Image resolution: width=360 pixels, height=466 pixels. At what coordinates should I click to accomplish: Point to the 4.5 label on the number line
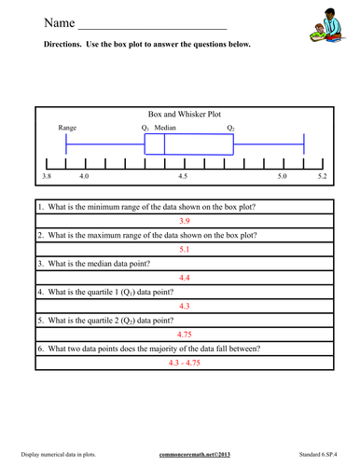pyautogui.click(x=183, y=175)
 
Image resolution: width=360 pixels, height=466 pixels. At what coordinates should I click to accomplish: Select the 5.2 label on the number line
pyautogui.click(x=321, y=175)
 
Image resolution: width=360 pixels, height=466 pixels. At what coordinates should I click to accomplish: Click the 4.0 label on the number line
pyautogui.click(x=85, y=175)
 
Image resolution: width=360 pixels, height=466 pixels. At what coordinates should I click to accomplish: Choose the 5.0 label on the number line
pyautogui.click(x=284, y=175)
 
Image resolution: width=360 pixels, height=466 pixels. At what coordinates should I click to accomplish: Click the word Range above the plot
pyautogui.click(x=67, y=127)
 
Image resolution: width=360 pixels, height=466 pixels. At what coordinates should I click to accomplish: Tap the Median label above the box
pyautogui.click(x=165, y=127)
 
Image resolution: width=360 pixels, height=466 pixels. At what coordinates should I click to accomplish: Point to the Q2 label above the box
pyautogui.click(x=230, y=127)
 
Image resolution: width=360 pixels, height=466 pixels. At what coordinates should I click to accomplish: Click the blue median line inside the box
pyautogui.click(x=164, y=144)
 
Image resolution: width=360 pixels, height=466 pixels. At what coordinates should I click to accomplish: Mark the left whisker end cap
pyautogui.click(x=66, y=144)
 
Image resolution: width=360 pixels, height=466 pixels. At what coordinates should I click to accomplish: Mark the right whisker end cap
pyautogui.click(x=304, y=144)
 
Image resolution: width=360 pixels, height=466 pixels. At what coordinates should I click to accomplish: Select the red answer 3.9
pyautogui.click(x=184, y=221)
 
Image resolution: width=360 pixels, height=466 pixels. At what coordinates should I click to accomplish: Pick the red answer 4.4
pyautogui.click(x=184, y=278)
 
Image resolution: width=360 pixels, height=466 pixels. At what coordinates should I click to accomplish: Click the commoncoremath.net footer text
pyautogui.click(x=183, y=452)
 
